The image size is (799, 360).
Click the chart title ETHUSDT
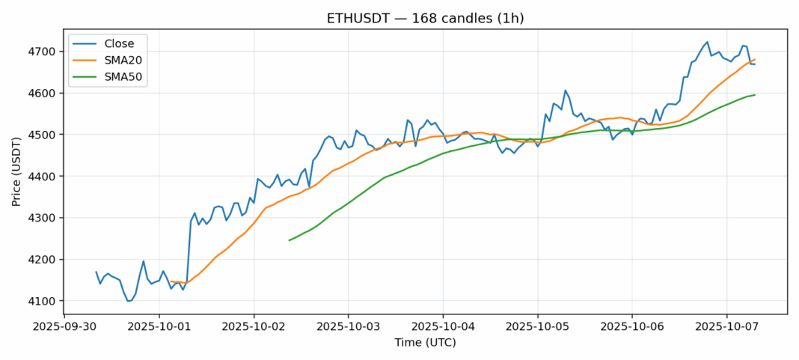pyautogui.click(x=399, y=18)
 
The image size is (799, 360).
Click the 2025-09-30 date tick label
pyautogui.click(x=64, y=327)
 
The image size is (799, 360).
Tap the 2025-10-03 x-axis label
pyautogui.click(x=348, y=327)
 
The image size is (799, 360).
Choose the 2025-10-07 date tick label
pyautogui.click(x=726, y=327)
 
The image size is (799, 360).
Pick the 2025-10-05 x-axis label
pyautogui.click(x=537, y=327)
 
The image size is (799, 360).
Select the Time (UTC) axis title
pyautogui.click(x=425, y=343)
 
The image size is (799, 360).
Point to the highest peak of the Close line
pyautogui.click(x=707, y=42)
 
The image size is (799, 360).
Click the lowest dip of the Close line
pyautogui.click(x=128, y=301)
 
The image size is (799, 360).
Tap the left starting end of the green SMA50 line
pyautogui.click(x=289, y=240)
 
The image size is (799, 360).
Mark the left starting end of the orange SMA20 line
pyautogui.click(x=171, y=281)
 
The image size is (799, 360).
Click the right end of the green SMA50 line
pyautogui.click(x=755, y=94)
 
